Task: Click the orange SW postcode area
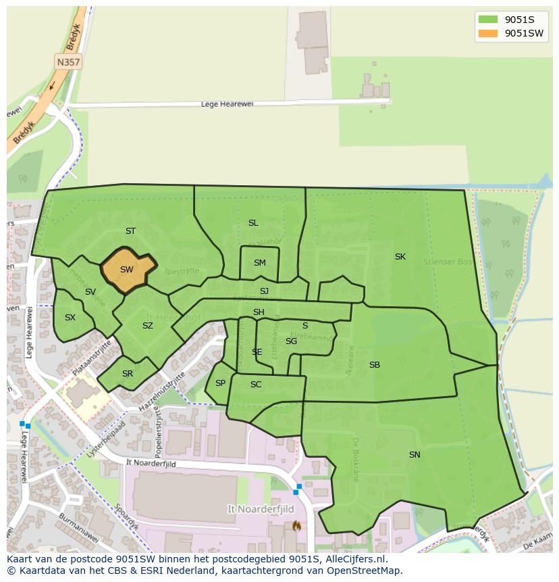(x=127, y=270)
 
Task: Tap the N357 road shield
(x=68, y=62)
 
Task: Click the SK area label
(x=400, y=257)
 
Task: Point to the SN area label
(x=415, y=455)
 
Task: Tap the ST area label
(x=130, y=231)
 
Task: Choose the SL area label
(x=253, y=223)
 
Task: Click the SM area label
(x=259, y=263)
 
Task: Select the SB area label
(x=375, y=365)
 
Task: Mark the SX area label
(x=70, y=318)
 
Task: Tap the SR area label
(x=128, y=374)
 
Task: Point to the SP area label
(x=220, y=383)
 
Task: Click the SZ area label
(x=148, y=326)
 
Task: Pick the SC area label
(x=256, y=385)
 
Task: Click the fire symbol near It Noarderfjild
(x=295, y=525)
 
